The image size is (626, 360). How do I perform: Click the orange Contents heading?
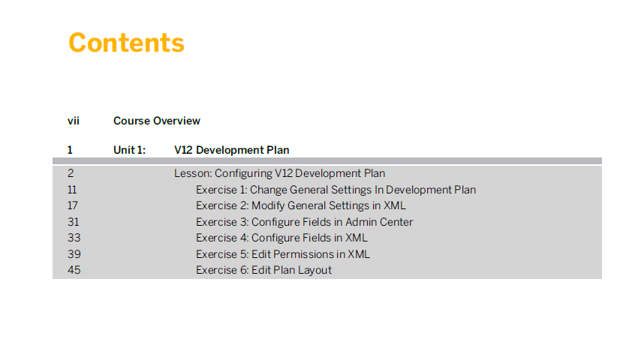pyautogui.click(x=126, y=43)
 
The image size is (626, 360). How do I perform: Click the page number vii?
pyautogui.click(x=74, y=121)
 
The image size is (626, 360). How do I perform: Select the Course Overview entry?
pyautogui.click(x=157, y=121)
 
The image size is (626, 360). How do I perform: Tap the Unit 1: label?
pyautogui.click(x=129, y=150)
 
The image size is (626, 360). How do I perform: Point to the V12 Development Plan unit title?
pyautogui.click(x=232, y=150)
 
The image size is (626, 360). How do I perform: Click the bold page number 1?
pyautogui.click(x=70, y=150)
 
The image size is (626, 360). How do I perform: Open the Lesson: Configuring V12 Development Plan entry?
pyautogui.click(x=279, y=173)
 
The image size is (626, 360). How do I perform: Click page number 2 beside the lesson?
pyautogui.click(x=71, y=173)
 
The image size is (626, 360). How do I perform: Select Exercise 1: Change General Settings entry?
pyautogui.click(x=336, y=190)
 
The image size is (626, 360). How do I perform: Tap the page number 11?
pyautogui.click(x=72, y=190)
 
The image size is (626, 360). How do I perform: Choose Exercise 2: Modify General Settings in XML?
pyautogui.click(x=301, y=205)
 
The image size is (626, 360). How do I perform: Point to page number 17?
pyautogui.click(x=73, y=205)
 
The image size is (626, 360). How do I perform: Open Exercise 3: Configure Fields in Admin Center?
pyautogui.click(x=304, y=222)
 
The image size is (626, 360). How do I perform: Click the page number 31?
pyautogui.click(x=74, y=222)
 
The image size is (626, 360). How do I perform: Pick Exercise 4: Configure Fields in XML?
pyautogui.click(x=281, y=238)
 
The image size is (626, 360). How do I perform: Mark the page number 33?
pyautogui.click(x=74, y=238)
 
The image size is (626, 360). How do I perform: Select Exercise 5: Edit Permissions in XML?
pyautogui.click(x=283, y=254)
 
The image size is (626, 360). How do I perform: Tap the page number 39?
pyautogui.click(x=74, y=254)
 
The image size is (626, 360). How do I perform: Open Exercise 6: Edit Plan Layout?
pyautogui.click(x=263, y=270)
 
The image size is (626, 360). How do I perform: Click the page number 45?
pyautogui.click(x=74, y=270)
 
